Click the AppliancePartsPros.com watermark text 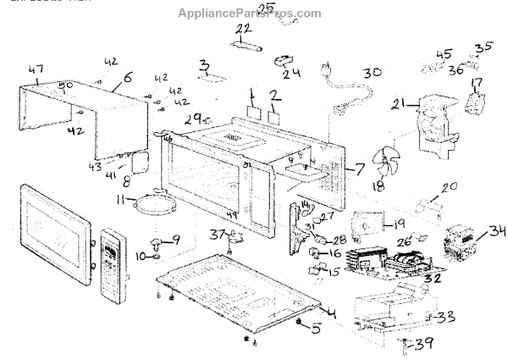point(251,14)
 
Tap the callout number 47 point(36,70)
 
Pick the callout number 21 point(398,104)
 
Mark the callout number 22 point(244,30)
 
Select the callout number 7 point(356,168)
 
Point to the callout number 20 point(449,187)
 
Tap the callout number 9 point(176,240)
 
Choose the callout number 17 point(476,83)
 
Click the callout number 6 point(127,77)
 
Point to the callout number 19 point(399,224)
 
